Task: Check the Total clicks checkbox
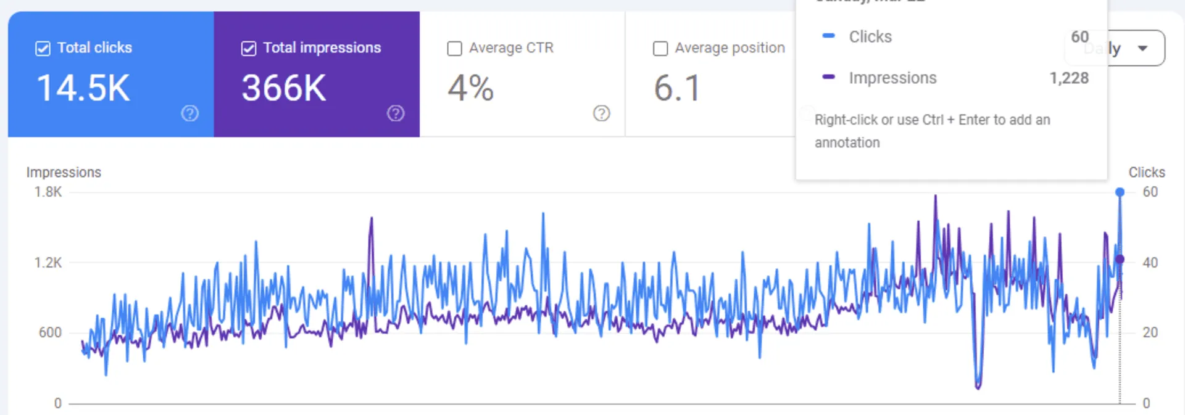point(43,48)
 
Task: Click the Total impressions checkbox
point(249,48)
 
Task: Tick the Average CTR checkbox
point(454,48)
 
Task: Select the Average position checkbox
point(660,48)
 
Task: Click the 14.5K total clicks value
point(83,88)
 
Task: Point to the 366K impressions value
point(284,88)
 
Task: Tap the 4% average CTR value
point(470,88)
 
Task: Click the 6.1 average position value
point(677,88)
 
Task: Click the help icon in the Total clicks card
point(189,113)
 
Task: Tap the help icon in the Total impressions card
point(396,113)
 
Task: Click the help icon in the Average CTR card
point(601,113)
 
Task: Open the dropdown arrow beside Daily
point(1142,48)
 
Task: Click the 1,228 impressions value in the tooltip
point(1069,78)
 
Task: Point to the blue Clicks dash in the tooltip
point(829,36)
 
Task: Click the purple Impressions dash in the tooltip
point(829,77)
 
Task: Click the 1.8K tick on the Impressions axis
point(48,192)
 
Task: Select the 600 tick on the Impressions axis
point(50,333)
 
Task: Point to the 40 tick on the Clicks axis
point(1150,263)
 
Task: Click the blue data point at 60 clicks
point(1120,192)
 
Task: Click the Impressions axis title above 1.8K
point(64,173)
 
